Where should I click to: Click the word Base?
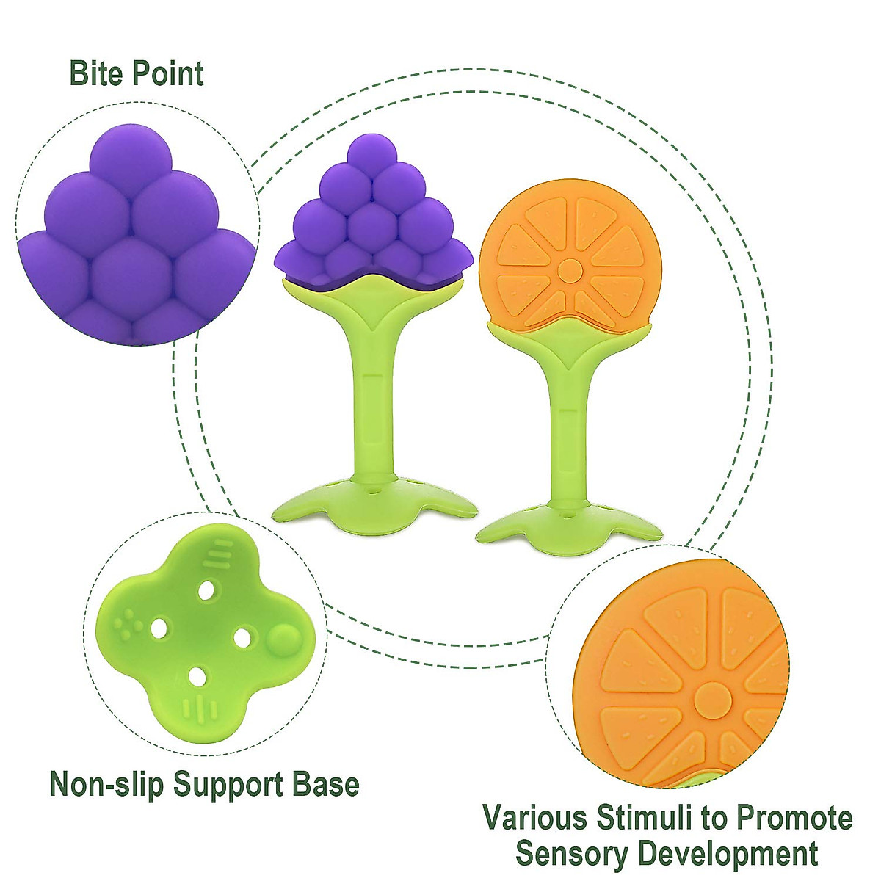pos(328,784)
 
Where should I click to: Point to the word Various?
pos(535,818)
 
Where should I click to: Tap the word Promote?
pos(794,818)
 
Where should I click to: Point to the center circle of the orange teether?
pos(569,270)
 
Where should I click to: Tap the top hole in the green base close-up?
pos(209,590)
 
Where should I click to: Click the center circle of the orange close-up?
pos(711,700)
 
